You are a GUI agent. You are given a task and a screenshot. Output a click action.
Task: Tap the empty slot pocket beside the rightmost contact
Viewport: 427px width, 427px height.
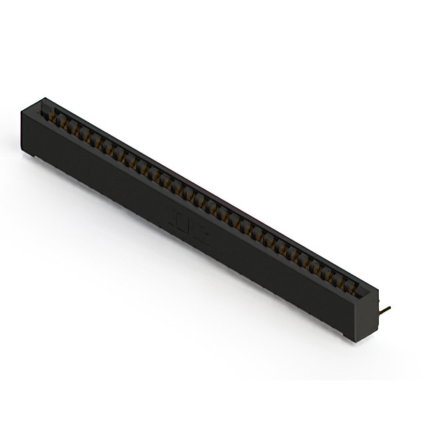360,290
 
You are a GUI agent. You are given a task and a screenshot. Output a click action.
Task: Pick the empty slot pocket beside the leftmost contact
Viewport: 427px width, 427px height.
47,113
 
